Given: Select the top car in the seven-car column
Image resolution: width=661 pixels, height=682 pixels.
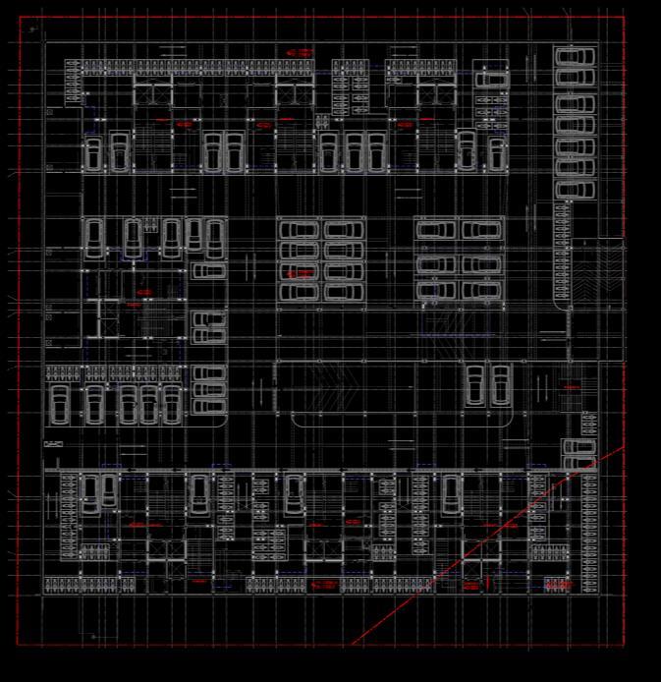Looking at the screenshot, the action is click(x=576, y=57).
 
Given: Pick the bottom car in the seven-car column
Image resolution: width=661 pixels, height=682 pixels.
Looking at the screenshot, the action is click(x=576, y=188).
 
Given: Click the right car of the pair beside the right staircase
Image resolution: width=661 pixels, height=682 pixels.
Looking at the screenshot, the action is click(x=501, y=384).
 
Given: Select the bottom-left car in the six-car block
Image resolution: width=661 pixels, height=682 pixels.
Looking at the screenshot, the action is click(x=435, y=290).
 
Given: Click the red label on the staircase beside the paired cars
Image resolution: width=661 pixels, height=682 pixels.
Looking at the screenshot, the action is click(x=573, y=388).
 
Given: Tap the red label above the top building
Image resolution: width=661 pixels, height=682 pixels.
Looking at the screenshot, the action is click(x=300, y=52).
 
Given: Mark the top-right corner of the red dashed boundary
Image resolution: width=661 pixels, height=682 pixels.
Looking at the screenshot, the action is click(x=624, y=16).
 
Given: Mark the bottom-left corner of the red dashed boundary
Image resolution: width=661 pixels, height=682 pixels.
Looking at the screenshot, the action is click(x=17, y=646).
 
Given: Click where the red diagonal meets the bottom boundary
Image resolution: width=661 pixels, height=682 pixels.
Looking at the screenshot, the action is click(x=351, y=646).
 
